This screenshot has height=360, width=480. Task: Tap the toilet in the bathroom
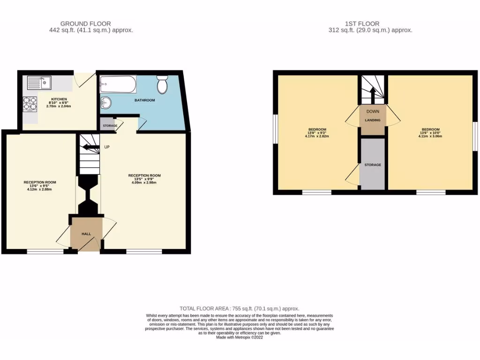tap(163, 85)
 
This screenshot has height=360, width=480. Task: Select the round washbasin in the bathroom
tap(106, 102)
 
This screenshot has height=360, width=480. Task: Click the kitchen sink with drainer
tap(40, 83)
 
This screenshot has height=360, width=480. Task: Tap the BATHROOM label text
tap(144, 100)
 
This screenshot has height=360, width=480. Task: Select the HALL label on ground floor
tap(86, 233)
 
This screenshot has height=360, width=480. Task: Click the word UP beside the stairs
tap(107, 147)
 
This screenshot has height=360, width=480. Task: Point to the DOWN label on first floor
tap(373, 112)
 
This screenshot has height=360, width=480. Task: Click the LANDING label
tap(373, 120)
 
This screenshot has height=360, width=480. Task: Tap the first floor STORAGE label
tap(373, 165)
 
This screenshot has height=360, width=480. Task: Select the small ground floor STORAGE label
tap(110, 126)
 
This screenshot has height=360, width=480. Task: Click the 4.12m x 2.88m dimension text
tap(40, 189)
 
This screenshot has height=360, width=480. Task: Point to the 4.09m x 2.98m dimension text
tap(145, 183)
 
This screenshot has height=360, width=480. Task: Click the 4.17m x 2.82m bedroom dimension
tap(317, 136)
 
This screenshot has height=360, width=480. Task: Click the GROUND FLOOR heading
tap(86, 23)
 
